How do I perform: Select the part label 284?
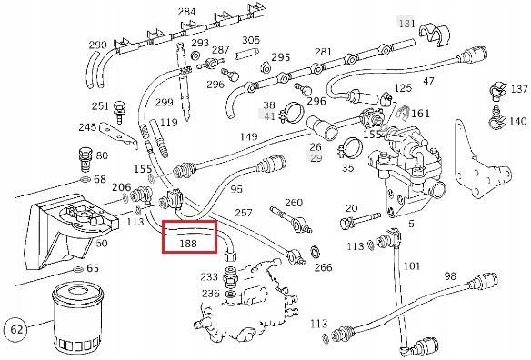point(186,12)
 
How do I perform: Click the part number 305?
point(251,40)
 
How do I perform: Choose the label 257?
point(243,212)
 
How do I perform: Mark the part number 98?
point(449,276)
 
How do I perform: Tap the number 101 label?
point(412,266)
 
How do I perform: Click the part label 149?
point(249,137)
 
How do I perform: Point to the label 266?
point(323,268)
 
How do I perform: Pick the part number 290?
point(98,45)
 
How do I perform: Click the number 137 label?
point(517,89)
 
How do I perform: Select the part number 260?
point(293,203)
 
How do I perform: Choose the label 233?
point(208,276)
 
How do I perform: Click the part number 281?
point(322,52)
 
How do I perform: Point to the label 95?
point(236,189)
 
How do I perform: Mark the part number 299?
point(164,102)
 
